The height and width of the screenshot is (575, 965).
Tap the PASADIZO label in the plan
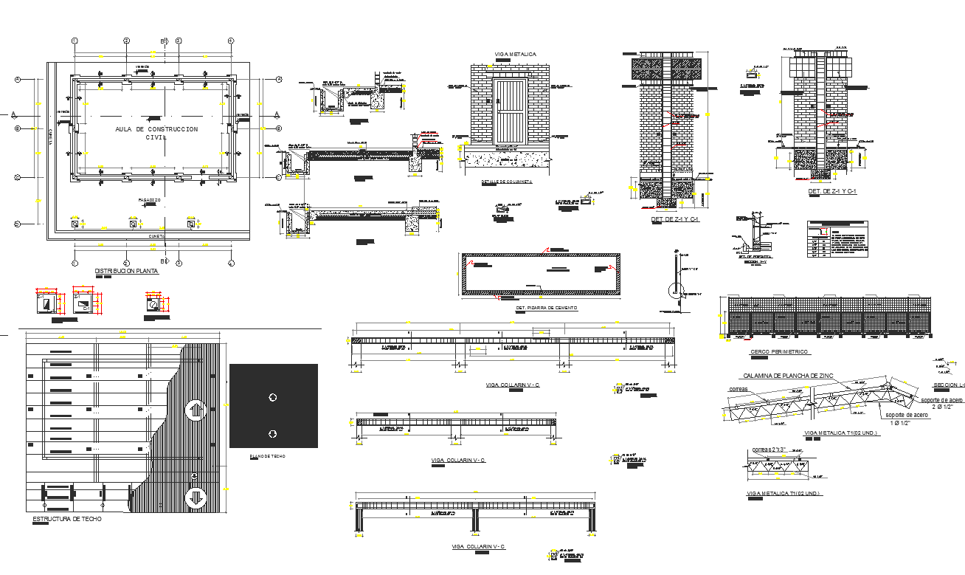(149, 200)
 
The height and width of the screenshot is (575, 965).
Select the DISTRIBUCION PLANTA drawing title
(126, 271)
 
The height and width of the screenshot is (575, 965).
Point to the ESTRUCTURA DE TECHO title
(67, 519)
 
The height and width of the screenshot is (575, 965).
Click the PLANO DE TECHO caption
(267, 457)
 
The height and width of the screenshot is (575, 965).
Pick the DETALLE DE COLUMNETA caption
(506, 182)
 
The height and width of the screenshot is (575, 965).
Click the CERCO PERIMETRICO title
(778, 351)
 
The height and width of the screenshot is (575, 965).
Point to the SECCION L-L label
(949, 385)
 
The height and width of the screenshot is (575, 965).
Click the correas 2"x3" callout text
(769, 450)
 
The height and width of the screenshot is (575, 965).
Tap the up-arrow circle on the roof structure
(196, 410)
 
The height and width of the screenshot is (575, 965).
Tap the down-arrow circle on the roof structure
(196, 497)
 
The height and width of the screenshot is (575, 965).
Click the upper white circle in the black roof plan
(273, 397)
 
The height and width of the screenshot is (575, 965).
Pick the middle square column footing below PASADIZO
(133, 224)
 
